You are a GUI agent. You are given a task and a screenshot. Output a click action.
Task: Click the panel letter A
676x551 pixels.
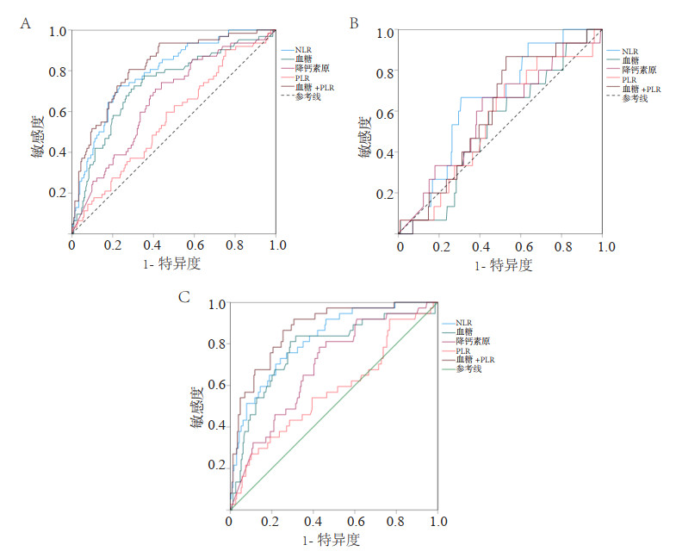(x=26, y=24)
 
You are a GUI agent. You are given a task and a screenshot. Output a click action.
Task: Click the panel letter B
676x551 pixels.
(x=353, y=24)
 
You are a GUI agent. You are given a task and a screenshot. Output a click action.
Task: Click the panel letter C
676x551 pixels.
(x=183, y=297)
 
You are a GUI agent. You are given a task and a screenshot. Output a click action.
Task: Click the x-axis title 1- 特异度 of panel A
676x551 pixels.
(x=172, y=263)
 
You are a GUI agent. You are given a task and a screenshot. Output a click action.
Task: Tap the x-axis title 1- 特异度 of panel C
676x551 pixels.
(x=331, y=540)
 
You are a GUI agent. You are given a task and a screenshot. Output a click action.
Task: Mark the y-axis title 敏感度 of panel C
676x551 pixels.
(x=197, y=405)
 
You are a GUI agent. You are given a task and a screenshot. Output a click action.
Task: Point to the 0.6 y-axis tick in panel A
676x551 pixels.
(x=59, y=113)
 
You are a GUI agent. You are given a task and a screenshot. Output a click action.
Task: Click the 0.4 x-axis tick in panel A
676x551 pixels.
(x=152, y=245)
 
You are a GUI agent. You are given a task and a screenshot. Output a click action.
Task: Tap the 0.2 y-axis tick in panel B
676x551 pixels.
(x=387, y=194)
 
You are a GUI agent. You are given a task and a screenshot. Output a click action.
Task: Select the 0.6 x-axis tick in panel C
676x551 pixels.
(x=354, y=522)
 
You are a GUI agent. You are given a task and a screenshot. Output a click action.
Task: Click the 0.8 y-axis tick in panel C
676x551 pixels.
(x=215, y=344)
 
